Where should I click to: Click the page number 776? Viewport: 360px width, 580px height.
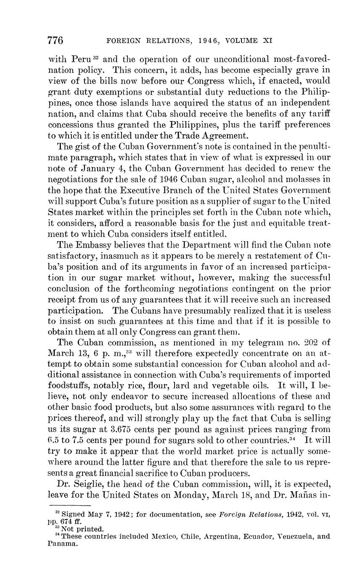[x=56, y=40]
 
